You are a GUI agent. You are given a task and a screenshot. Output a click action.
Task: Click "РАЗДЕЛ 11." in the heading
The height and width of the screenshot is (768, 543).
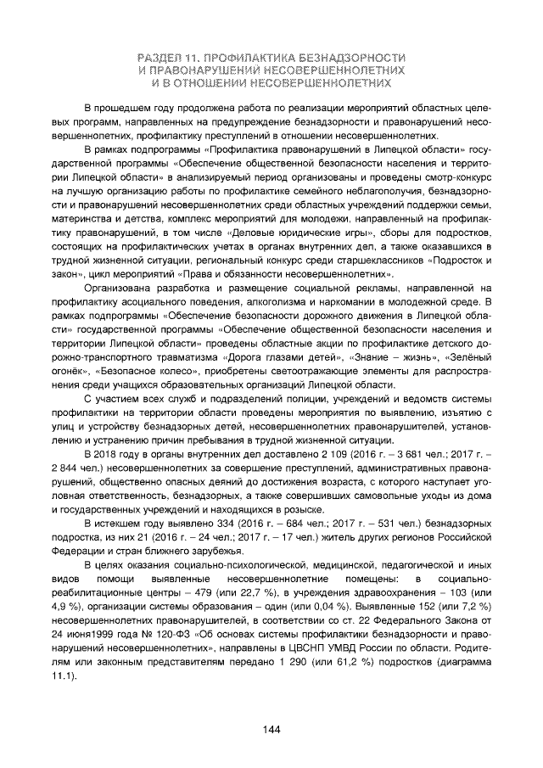[x=165, y=56]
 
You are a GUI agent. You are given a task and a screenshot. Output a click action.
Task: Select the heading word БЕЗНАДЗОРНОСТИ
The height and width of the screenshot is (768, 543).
[x=351, y=56]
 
